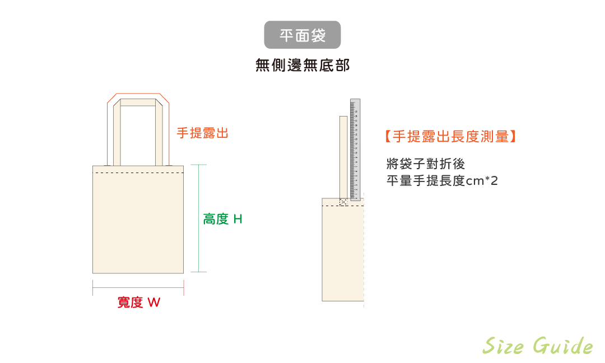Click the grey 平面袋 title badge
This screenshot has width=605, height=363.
click(x=302, y=35)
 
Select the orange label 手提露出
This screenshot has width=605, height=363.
click(x=202, y=133)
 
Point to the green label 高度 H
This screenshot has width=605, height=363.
click(x=222, y=219)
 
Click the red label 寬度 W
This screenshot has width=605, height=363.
click(x=138, y=302)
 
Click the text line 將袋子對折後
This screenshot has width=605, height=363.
click(x=426, y=164)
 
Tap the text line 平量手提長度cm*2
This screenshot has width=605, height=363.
click(x=442, y=181)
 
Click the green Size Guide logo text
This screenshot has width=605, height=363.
click(x=537, y=346)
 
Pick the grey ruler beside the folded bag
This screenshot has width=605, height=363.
click(x=355, y=149)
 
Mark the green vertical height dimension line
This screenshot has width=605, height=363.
click(x=199, y=218)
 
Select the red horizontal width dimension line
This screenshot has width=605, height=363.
click(x=138, y=288)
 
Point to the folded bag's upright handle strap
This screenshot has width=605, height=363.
click(x=343, y=157)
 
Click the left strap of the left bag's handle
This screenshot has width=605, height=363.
click(x=117, y=134)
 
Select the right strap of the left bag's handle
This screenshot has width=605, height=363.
click(x=160, y=134)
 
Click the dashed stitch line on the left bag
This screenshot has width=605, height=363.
click(x=138, y=173)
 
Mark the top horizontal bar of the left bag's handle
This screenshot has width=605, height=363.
click(x=138, y=102)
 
